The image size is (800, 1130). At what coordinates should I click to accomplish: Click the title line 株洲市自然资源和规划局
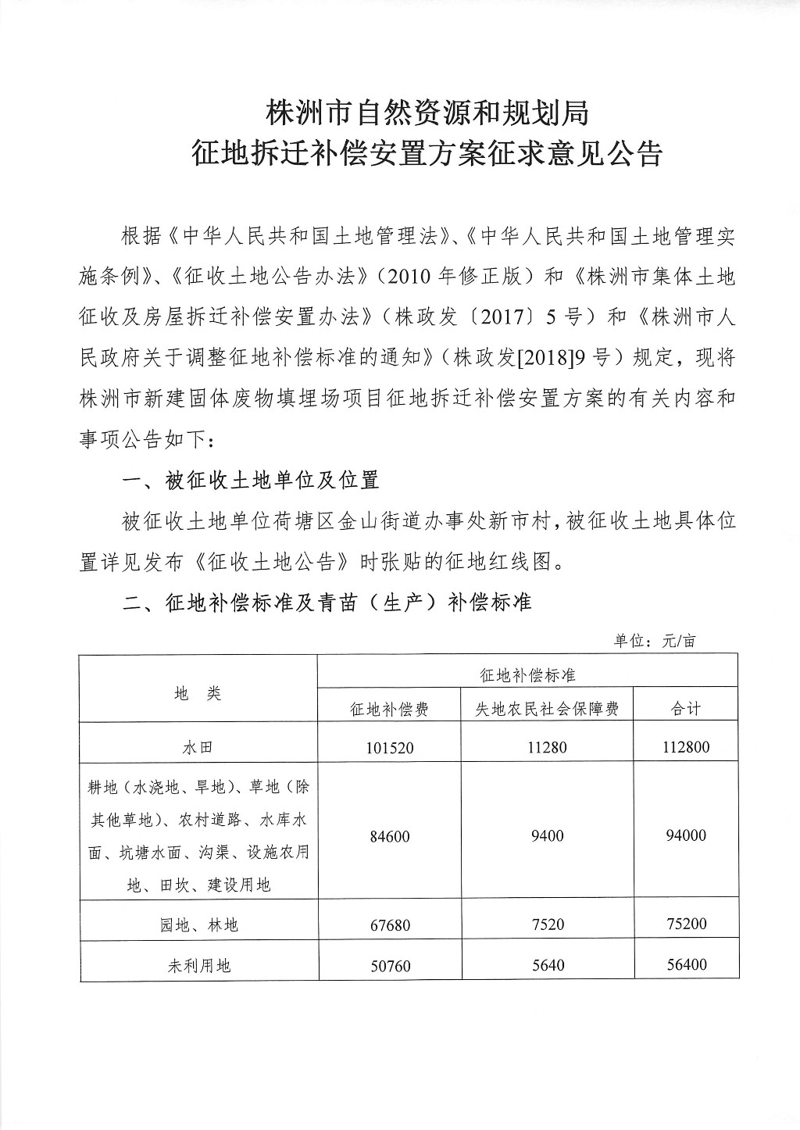[x=427, y=114]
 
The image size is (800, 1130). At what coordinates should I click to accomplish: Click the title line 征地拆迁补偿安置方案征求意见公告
[x=427, y=154]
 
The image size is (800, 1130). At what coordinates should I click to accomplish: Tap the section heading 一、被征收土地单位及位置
[x=251, y=480]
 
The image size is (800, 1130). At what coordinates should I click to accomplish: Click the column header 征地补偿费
[x=389, y=709]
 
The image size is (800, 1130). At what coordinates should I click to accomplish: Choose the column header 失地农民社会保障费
[x=547, y=709]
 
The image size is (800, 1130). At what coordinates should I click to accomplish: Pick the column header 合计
[x=686, y=709]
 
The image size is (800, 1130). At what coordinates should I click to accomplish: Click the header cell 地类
[x=198, y=693]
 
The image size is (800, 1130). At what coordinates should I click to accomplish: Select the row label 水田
[x=198, y=748]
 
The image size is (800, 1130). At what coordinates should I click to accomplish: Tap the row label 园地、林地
[x=198, y=925]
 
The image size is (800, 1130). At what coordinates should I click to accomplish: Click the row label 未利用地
[x=198, y=966]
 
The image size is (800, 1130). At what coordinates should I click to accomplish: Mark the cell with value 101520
[x=389, y=748]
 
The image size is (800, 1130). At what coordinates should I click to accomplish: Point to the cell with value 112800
[x=686, y=747]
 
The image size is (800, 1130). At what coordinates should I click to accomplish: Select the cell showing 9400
[x=547, y=836]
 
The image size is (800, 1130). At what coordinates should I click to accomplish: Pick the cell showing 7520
[x=547, y=924]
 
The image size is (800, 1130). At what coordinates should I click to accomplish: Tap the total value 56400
[x=686, y=965]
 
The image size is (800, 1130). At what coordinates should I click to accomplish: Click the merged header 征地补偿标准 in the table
[x=527, y=674]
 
